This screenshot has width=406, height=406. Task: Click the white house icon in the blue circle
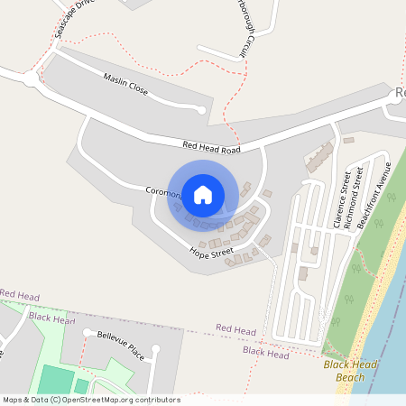pyautogui.click(x=203, y=194)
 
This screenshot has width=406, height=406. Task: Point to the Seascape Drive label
pyautogui.click(x=74, y=18)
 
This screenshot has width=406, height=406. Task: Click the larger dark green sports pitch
pyautogui.click(x=56, y=381)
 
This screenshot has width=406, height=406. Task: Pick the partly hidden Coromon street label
pyautogui.click(x=164, y=192)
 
